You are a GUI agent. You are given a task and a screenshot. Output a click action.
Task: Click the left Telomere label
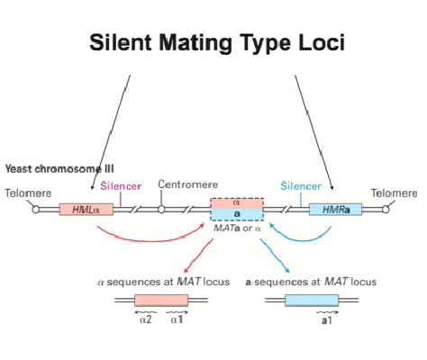(27, 193)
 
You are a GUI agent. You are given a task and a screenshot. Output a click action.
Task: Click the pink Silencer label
(121, 184)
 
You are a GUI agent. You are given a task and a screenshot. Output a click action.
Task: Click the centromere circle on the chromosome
(161, 210)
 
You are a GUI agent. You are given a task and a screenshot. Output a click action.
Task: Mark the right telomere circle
(386, 210)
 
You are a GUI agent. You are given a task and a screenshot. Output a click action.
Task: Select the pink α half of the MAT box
(237, 203)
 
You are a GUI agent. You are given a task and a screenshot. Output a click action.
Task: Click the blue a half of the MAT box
(237, 215)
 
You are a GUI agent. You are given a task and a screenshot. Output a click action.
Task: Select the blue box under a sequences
(311, 301)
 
